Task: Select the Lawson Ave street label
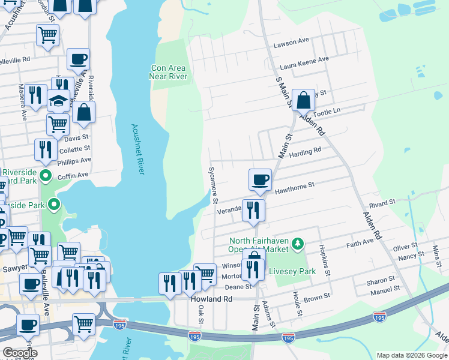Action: (291, 41)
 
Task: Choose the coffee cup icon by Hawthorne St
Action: (260, 179)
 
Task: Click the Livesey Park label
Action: (292, 271)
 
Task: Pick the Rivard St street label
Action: (382, 205)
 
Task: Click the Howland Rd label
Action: (211, 298)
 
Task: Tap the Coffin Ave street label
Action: (73, 175)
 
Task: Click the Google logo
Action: (19, 353)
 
